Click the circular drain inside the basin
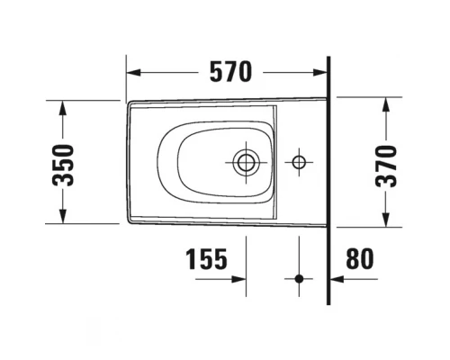pyautogui.click(x=245, y=163)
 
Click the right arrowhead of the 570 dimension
pyautogui.click(x=325, y=71)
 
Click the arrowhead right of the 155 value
pyautogui.click(x=240, y=279)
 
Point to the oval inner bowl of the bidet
pyautogui.click(x=193, y=163)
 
